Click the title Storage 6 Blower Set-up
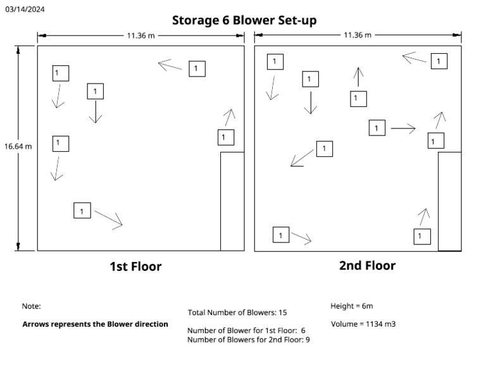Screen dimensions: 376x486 pos(244,20)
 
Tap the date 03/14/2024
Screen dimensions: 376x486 pos(25,9)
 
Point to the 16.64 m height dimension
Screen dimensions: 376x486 pos(18,146)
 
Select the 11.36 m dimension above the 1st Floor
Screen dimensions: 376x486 pos(140,35)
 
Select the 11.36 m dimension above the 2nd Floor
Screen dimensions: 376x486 pos(358,35)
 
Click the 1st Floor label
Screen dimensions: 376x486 pos(135,266)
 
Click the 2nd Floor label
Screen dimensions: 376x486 pos(367,266)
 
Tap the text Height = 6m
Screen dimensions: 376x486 pos(351,306)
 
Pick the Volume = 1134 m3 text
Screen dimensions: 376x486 pos(363,325)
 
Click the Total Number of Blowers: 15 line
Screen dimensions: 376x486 pos(237,312)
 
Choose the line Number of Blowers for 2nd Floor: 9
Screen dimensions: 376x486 pos(248,340)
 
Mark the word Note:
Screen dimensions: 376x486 pos(32,306)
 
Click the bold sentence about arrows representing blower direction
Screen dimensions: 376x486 pos(95,324)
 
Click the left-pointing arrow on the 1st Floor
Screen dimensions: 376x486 pos(170,65)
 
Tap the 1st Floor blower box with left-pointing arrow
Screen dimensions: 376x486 pos(197,68)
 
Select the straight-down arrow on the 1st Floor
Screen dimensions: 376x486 pos(96,112)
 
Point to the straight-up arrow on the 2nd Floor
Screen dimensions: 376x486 pos(359,77)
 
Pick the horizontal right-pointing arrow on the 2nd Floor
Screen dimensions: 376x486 pos(403,128)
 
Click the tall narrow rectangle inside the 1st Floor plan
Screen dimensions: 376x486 pos(232,201)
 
